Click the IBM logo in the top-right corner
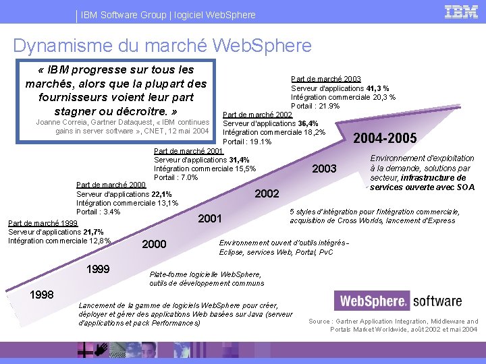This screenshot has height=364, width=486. (x=461, y=11)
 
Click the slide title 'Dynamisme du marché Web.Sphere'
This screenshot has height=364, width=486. (x=162, y=45)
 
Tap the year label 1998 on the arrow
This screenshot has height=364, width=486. (x=42, y=295)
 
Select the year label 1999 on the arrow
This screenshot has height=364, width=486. (x=99, y=269)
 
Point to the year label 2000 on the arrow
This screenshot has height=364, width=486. (x=154, y=243)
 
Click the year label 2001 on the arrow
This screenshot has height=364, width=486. (x=209, y=218)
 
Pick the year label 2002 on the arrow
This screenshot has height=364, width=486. (x=267, y=193)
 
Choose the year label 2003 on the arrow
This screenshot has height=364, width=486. (x=324, y=168)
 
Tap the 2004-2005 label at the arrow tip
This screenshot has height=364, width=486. (x=385, y=138)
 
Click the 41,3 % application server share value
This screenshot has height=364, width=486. (x=377, y=88)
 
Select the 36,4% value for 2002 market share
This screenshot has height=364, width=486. (x=308, y=123)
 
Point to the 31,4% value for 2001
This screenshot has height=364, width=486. (x=238, y=160)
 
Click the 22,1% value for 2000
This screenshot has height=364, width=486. (x=161, y=194)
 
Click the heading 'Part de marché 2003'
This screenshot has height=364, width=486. (x=325, y=79)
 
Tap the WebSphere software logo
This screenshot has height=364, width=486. (x=400, y=301)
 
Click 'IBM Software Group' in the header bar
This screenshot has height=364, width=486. (x=113, y=14)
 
